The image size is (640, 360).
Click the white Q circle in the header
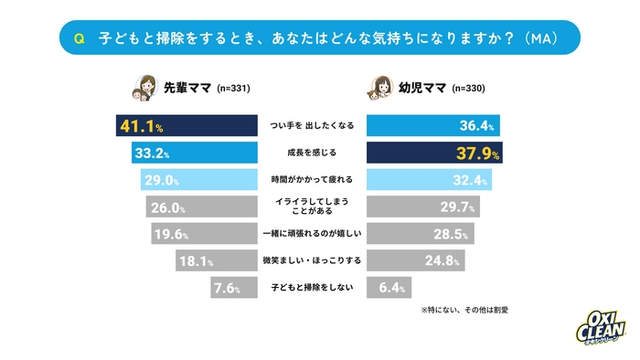(x=80, y=38)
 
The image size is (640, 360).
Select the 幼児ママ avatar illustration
(x=380, y=89)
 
